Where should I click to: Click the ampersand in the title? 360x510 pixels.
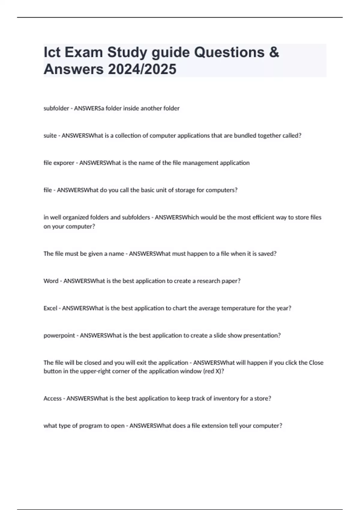[x=274, y=52]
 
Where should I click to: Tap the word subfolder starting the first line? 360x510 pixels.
[x=56, y=108]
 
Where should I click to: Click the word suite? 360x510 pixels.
[x=50, y=136]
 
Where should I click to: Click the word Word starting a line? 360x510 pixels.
[x=51, y=281]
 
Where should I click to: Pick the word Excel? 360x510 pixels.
[x=50, y=308]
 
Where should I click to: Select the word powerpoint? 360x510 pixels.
[x=59, y=335]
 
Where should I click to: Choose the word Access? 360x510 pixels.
[x=52, y=398]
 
